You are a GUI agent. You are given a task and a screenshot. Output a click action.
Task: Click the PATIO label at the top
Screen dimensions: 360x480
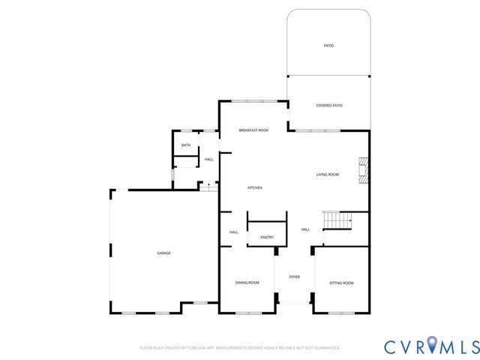(328, 46)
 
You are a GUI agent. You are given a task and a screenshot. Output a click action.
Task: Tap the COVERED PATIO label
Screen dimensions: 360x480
(329, 106)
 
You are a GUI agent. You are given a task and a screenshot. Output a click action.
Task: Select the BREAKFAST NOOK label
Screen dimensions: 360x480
(253, 130)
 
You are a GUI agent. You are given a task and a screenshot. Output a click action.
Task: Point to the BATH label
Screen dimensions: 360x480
(185, 145)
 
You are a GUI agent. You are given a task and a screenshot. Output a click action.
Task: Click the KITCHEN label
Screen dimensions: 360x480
(255, 187)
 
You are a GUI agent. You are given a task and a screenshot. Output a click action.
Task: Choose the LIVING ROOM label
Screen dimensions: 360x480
(328, 175)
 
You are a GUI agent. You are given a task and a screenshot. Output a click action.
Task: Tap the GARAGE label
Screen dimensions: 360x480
(163, 253)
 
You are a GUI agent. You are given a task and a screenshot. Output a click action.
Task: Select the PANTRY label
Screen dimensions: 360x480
(267, 238)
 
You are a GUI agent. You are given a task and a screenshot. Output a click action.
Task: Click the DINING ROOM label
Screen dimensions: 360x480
(247, 283)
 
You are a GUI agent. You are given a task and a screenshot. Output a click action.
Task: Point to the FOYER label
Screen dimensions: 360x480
(295, 277)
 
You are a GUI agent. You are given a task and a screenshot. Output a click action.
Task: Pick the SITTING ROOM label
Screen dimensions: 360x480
(341, 283)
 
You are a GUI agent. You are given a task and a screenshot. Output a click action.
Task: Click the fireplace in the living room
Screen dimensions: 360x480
(364, 170)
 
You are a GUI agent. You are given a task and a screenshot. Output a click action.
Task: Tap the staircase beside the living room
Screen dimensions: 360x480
(337, 220)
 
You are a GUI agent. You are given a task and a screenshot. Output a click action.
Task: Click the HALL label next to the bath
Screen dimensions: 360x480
(208, 159)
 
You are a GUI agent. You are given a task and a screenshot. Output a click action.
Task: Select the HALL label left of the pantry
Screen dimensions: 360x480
(233, 232)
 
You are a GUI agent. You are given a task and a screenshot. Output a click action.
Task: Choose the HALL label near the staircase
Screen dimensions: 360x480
(305, 229)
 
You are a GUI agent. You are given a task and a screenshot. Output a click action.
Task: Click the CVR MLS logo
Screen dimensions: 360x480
(431, 346)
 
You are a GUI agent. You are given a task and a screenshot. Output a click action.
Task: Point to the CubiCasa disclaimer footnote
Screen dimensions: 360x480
(240, 348)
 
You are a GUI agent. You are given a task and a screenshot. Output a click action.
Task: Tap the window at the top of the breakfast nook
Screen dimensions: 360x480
(253, 101)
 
